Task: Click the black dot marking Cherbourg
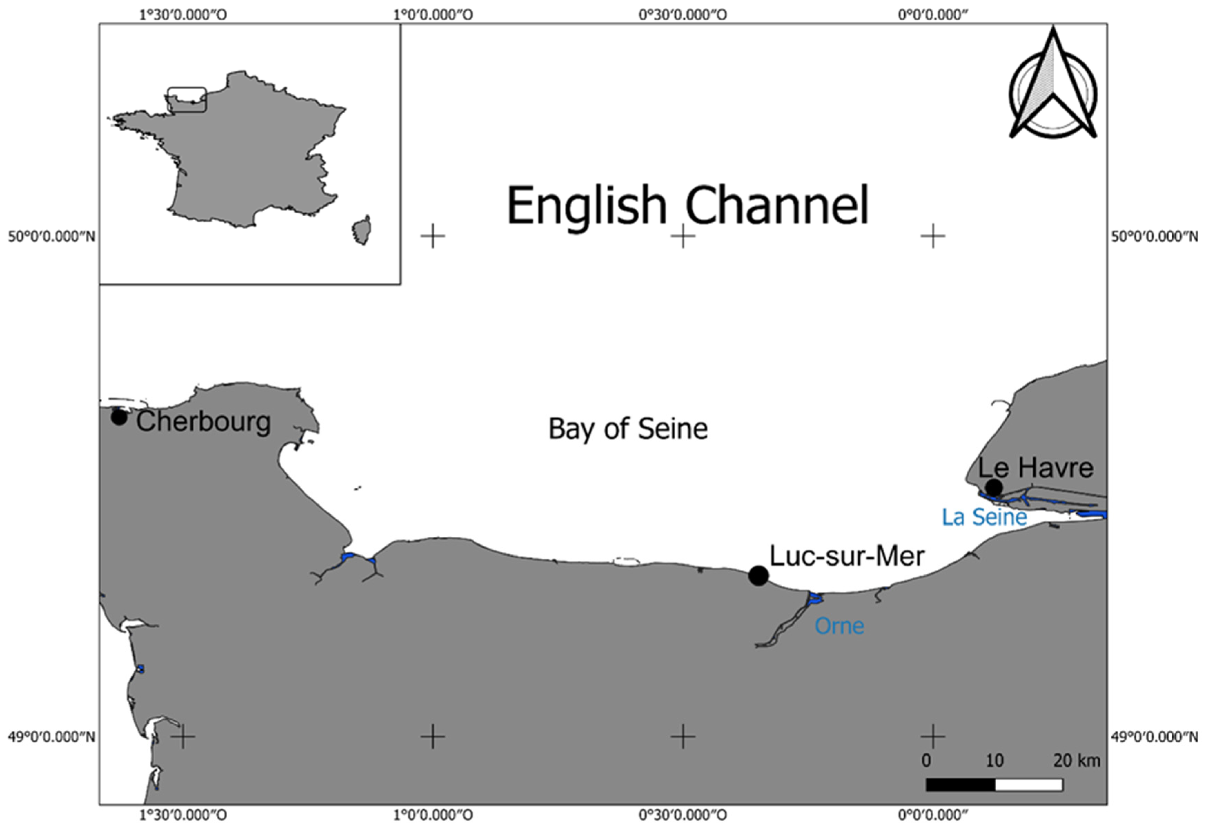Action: point(119,417)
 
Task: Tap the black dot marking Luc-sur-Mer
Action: point(758,576)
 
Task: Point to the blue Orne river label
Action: point(839,626)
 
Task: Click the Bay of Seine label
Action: point(628,429)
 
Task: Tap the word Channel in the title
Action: point(777,206)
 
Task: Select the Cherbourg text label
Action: point(204,422)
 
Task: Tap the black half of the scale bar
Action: point(960,785)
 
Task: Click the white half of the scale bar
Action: point(1029,785)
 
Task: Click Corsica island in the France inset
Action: point(362,230)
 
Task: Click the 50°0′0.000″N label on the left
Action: point(51,237)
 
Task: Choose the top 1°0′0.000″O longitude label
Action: point(433,14)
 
